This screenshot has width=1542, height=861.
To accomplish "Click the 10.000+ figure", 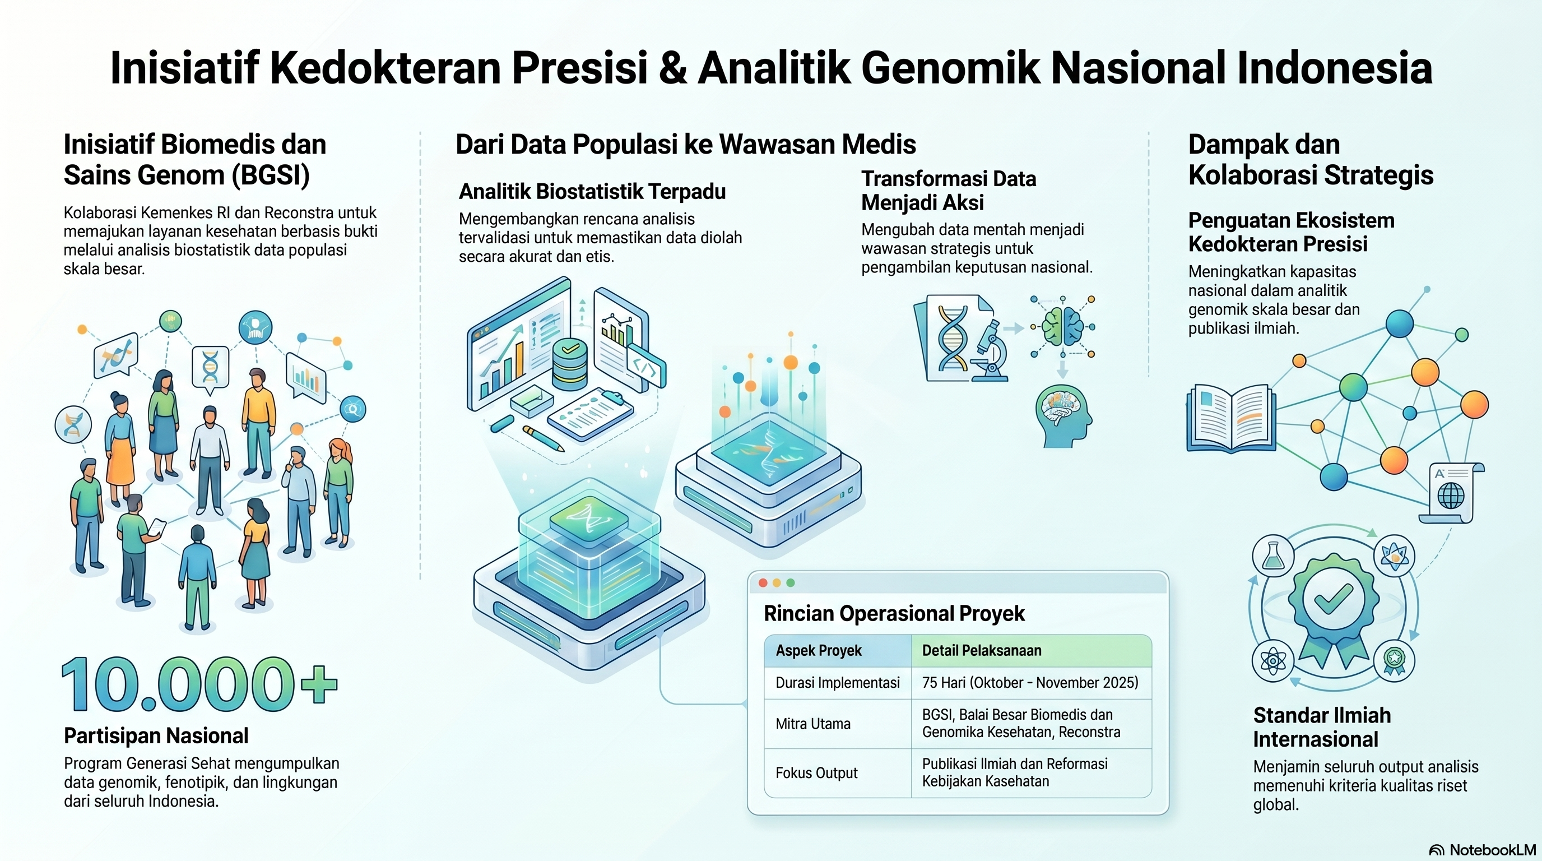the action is point(200,684).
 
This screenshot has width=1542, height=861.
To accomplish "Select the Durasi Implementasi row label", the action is point(838,683).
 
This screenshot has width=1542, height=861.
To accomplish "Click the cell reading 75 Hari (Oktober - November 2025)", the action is point(1030,683).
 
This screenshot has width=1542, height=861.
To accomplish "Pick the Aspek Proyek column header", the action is point(818,651).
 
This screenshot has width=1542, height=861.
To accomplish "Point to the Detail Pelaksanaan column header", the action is point(982,651).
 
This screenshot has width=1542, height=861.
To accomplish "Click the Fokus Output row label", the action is point(816,773).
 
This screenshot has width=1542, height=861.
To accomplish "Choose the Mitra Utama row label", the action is point(813,724).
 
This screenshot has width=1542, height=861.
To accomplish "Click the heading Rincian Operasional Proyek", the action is point(894,614).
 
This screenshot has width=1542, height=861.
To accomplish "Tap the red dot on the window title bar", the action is point(763,582).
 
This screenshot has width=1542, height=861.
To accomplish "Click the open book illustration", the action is point(1230,419).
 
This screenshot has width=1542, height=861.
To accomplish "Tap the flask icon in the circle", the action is point(1272,556).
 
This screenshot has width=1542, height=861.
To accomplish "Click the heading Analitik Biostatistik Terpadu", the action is point(592,192).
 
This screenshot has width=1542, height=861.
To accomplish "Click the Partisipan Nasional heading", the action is point(156,736).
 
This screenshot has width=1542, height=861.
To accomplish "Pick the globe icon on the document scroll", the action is point(1451,496).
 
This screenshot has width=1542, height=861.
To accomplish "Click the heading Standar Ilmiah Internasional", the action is point(1322,727).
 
